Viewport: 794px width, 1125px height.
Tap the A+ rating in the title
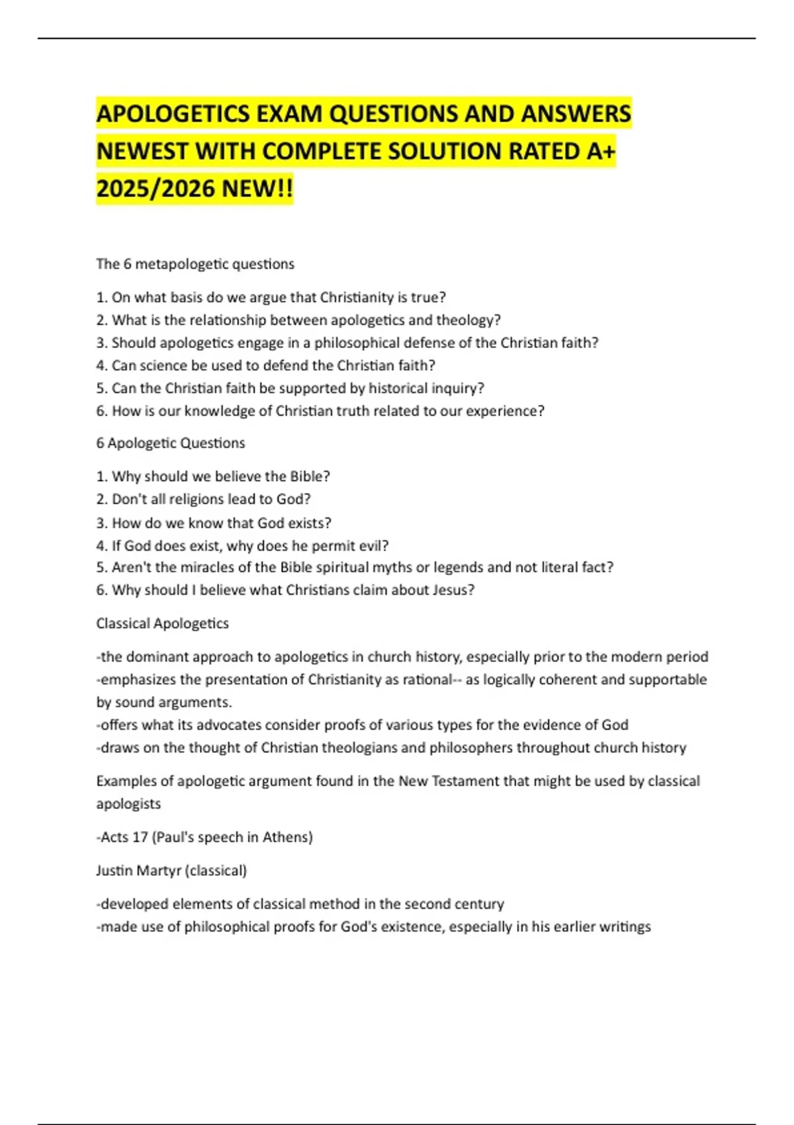[x=601, y=152]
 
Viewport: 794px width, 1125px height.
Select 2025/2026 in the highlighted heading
[x=155, y=189]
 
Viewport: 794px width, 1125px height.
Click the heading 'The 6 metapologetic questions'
[x=195, y=264]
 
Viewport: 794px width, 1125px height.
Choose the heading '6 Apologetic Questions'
[x=171, y=443]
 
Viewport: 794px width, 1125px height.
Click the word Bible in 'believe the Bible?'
[x=306, y=476]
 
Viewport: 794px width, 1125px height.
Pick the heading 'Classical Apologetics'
[x=162, y=623]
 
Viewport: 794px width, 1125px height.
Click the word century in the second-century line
[x=480, y=904]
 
